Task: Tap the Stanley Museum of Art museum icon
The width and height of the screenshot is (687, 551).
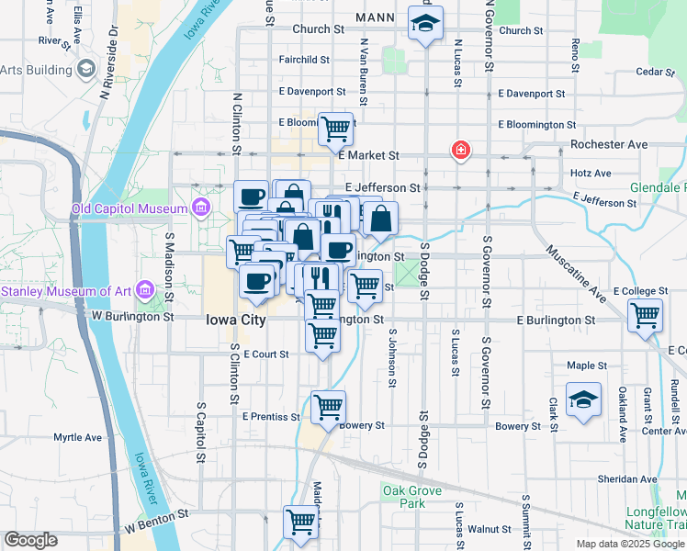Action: (143, 292)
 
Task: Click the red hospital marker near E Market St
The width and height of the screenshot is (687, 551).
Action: (459, 150)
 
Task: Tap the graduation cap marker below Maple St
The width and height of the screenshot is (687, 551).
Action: (583, 399)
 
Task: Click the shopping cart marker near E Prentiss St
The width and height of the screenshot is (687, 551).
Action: (328, 406)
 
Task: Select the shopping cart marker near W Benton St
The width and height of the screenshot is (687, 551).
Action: (300, 522)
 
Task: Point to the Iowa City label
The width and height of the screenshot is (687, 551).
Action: (235, 320)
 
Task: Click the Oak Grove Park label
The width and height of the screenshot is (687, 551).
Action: (404, 497)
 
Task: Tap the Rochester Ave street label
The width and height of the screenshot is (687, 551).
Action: (609, 145)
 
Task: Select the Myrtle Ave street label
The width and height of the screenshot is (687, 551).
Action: (77, 437)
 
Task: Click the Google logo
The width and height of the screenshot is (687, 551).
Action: (30, 540)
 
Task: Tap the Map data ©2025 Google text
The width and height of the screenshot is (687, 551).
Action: (629, 544)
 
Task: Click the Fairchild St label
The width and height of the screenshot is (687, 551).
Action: (304, 60)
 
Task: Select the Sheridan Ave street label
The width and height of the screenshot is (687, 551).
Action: (627, 478)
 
